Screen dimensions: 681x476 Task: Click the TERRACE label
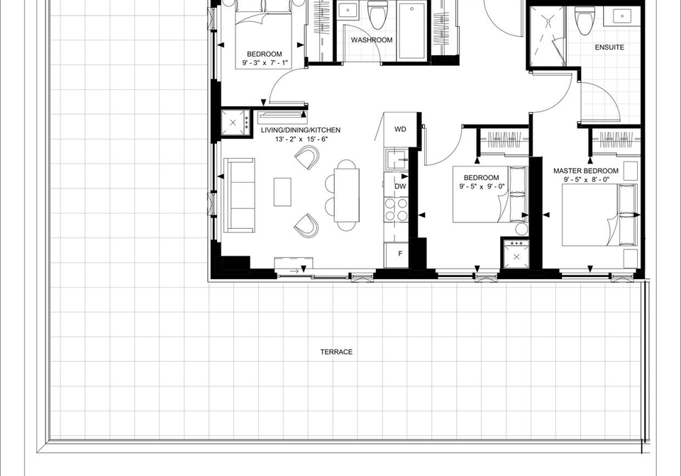coord(336,352)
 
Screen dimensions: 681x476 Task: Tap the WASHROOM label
coord(372,40)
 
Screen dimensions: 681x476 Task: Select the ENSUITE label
coord(609,47)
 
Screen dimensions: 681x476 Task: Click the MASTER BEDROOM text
coord(586,171)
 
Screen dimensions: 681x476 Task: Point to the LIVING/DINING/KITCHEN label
coord(301,130)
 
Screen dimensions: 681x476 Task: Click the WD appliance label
coord(400,129)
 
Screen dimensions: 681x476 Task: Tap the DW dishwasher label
coord(400,186)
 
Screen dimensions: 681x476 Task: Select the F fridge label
coord(400,254)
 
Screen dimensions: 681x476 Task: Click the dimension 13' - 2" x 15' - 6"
coord(301,139)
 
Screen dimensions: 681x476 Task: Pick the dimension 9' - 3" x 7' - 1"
coord(265,63)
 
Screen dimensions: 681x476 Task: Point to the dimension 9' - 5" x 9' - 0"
coord(482,186)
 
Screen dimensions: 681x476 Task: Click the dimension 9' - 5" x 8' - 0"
coord(587,179)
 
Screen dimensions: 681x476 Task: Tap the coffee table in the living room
coord(282,192)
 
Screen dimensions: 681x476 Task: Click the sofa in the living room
coord(239,195)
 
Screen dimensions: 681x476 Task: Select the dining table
coord(347,195)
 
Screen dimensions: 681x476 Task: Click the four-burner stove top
coord(396,209)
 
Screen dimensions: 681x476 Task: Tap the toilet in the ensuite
coord(585,20)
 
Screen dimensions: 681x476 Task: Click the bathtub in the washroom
coord(411,30)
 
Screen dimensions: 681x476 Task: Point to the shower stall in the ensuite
coord(546,36)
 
